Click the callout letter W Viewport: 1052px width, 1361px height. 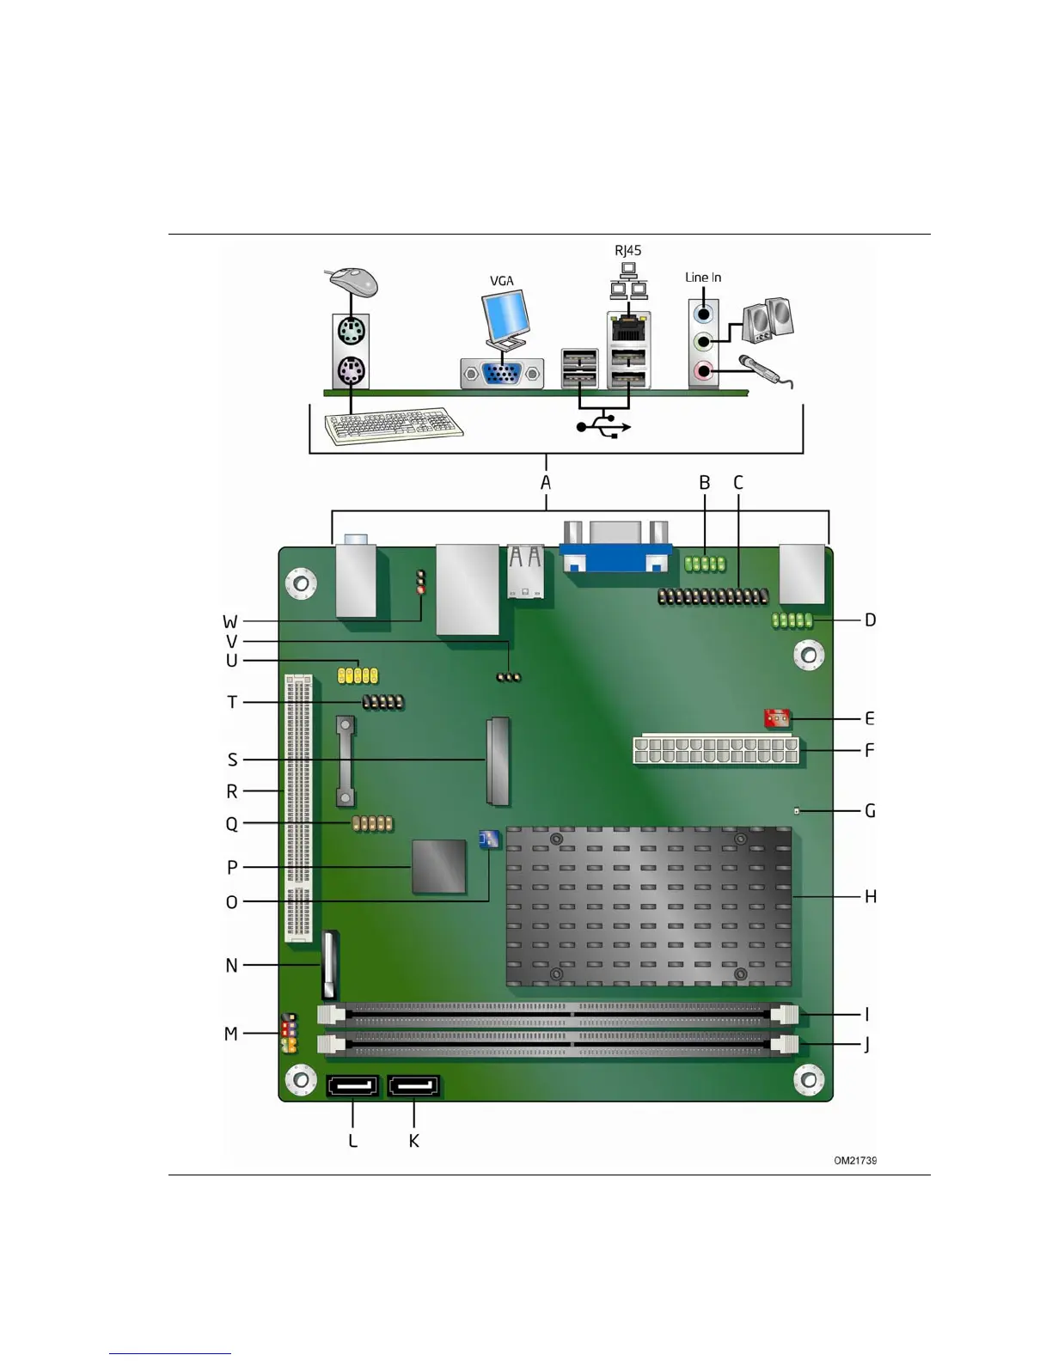230,621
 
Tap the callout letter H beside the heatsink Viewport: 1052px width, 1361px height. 870,896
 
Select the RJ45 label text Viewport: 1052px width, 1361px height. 627,250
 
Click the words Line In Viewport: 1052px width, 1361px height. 702,277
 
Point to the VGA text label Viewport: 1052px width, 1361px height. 501,281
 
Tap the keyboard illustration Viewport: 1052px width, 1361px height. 394,425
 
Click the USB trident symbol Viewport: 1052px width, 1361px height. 604,426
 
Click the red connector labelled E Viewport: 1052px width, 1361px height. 776,717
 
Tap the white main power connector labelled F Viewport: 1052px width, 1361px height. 715,750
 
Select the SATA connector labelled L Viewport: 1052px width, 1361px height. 352,1087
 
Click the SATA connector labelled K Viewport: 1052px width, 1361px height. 413,1087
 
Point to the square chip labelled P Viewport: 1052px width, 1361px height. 439,866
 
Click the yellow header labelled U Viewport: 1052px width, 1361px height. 358,675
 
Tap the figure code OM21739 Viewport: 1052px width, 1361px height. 854,1160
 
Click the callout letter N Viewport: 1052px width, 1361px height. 231,965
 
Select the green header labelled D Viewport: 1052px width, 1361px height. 792,619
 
